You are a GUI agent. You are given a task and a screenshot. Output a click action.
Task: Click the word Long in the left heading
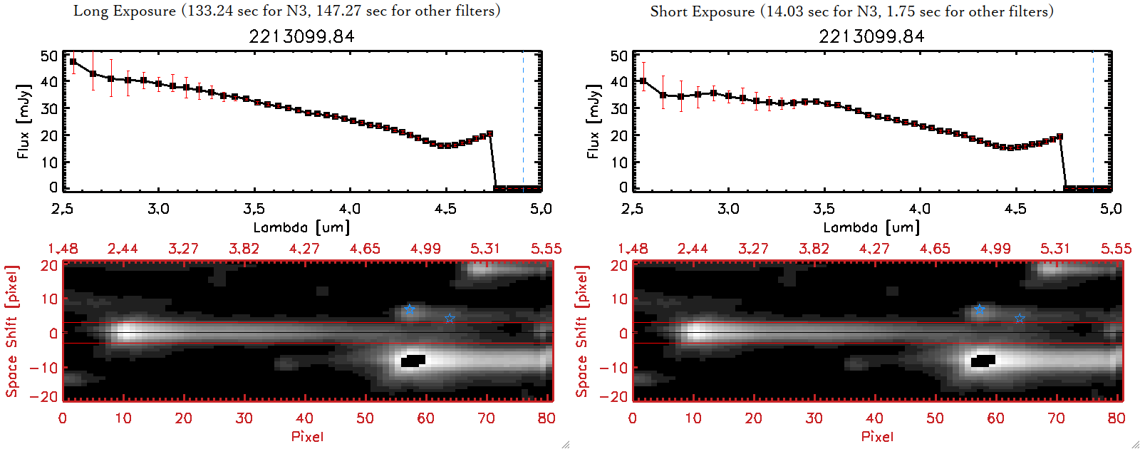point(89,11)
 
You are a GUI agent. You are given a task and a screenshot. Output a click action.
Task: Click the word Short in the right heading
point(668,11)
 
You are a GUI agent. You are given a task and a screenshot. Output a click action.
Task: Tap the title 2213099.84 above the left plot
point(301,36)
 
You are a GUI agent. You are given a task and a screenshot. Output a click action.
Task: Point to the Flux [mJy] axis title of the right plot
point(593,121)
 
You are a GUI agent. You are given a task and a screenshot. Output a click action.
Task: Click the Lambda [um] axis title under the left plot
point(301,227)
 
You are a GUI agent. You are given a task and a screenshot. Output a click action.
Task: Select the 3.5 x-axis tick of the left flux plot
point(254,209)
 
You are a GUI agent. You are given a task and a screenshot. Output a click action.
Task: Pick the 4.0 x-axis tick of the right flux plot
point(919,209)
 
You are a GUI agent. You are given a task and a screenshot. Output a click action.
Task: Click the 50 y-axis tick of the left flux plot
point(49,56)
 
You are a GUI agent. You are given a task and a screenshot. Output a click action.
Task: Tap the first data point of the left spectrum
point(73,62)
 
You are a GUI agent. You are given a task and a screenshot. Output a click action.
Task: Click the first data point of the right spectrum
point(643,81)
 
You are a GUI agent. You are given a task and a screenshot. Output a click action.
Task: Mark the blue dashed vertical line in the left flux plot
point(523,121)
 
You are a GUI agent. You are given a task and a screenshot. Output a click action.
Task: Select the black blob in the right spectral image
point(983,361)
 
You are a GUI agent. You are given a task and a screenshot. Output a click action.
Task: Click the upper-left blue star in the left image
point(409,309)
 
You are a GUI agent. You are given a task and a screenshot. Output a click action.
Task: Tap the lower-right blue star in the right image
point(1020,318)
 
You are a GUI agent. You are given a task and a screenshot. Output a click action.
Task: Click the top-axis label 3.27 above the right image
point(753,249)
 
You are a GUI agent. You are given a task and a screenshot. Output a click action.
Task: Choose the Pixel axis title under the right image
point(877,436)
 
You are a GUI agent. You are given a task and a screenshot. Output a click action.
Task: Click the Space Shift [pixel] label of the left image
point(12,331)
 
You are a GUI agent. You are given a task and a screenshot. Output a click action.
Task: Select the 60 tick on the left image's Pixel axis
point(425,418)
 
